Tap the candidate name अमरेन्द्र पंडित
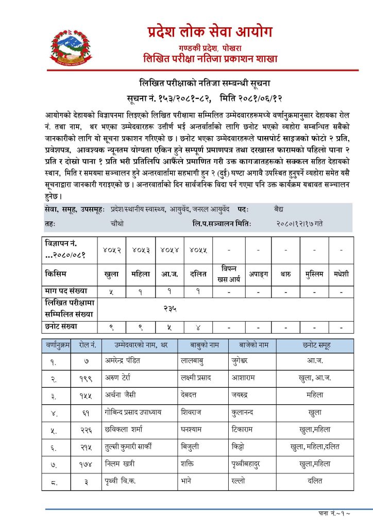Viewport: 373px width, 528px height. pos(122,360)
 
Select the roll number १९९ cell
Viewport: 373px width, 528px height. pos(86,378)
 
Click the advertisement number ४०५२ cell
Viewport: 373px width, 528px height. pos(112,250)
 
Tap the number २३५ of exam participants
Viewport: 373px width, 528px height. pos(171,308)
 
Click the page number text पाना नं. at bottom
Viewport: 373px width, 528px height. pos(334,514)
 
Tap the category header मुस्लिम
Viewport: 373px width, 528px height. pos(313,274)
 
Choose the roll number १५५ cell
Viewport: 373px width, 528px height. pos(86,395)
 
